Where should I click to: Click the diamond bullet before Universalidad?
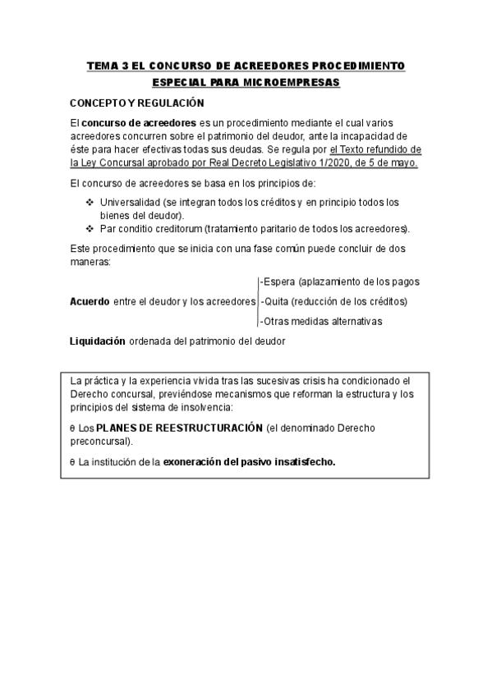click(90, 202)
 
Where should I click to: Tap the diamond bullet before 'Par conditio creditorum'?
click(90, 227)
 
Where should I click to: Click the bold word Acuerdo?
click(90, 301)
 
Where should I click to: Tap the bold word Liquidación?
click(98, 341)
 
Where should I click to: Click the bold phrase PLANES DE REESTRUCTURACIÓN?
click(179, 428)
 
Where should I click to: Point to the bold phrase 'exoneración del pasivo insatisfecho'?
click(250, 461)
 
